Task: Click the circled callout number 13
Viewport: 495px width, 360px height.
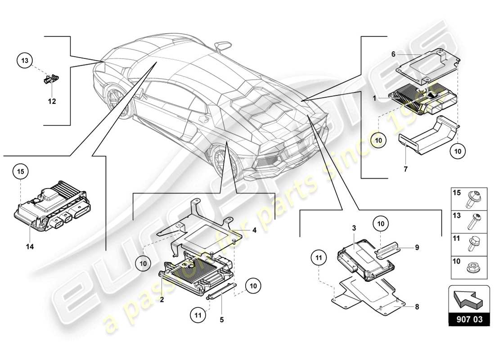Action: point(25,60)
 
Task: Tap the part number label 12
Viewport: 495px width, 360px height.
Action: point(52,101)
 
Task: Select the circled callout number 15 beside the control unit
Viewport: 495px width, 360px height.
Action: point(21,171)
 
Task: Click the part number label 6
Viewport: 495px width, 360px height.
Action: point(393,54)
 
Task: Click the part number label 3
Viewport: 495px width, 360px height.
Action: point(354,229)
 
